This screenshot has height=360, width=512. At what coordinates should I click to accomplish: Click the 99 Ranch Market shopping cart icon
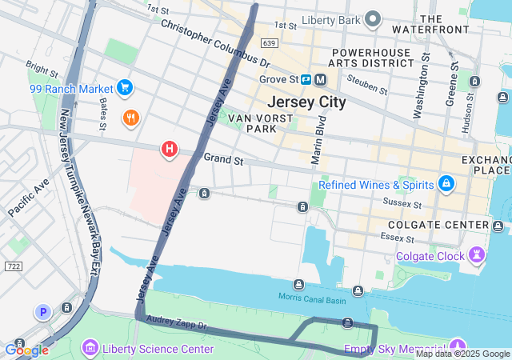124,87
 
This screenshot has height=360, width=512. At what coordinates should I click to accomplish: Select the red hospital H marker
170,148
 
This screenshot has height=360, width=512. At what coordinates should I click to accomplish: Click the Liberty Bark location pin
372,19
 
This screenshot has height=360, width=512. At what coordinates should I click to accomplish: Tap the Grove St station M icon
320,79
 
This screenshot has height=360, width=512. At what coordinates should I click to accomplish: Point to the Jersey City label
306,102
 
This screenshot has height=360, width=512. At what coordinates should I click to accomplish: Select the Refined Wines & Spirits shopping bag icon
446,185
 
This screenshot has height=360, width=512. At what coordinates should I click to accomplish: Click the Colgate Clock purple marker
478,256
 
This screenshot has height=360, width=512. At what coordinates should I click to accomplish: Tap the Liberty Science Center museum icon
90,349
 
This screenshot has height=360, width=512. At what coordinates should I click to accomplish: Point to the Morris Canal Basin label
311,298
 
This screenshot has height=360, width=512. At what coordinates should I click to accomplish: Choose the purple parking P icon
42,311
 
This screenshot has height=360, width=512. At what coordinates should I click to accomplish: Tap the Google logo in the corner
26,350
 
